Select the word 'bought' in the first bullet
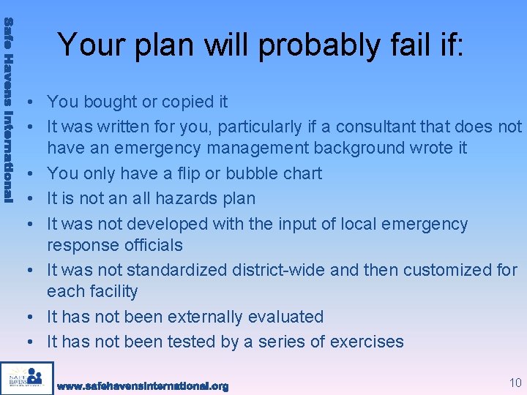108,102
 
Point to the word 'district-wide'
277,270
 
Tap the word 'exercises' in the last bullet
367,342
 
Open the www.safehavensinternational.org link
143,385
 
